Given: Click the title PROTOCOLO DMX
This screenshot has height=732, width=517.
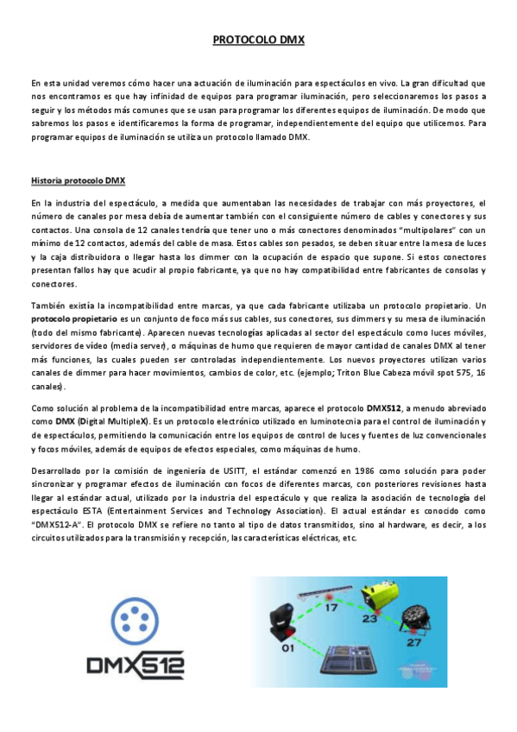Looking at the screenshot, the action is (259, 40).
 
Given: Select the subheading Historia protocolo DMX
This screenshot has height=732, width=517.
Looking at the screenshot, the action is (78, 181).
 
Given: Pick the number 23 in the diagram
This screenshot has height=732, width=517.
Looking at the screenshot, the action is (371, 618).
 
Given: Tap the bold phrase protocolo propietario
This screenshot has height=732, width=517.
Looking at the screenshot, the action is (65, 318).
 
